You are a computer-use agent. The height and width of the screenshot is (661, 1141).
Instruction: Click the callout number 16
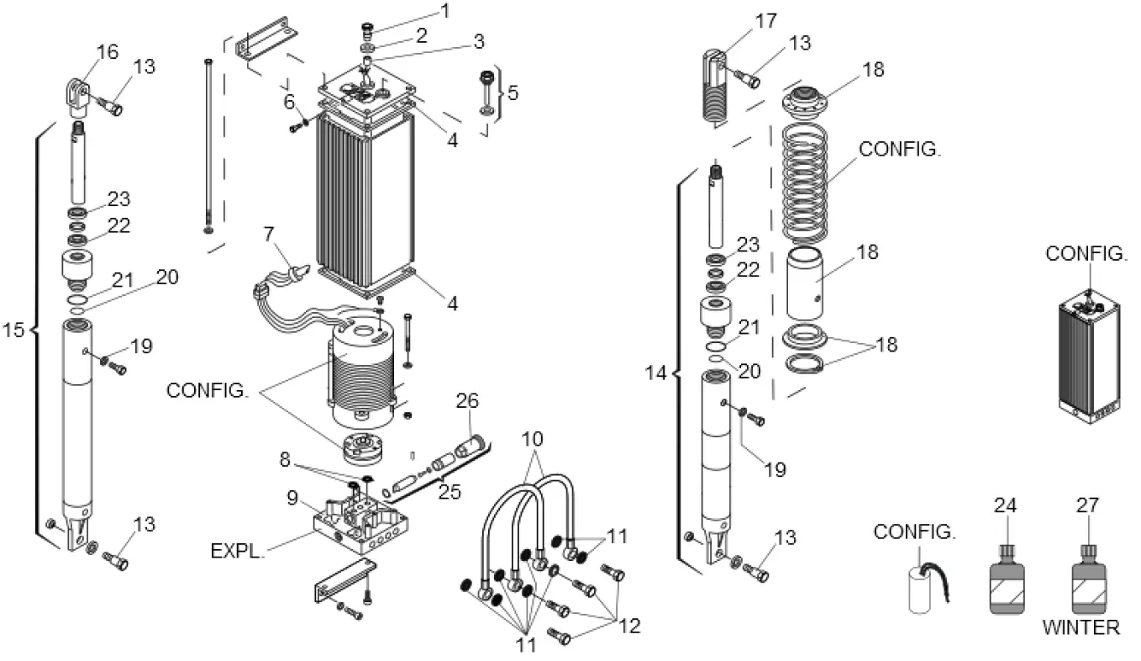point(107,52)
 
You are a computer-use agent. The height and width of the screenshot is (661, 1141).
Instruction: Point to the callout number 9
point(293,498)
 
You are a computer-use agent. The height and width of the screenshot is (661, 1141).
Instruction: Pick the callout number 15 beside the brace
point(13,330)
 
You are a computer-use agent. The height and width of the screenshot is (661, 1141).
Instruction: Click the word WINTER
point(1081,627)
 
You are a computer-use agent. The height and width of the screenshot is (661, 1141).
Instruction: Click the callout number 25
point(450,492)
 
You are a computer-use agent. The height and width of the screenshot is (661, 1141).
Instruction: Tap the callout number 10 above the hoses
point(532,439)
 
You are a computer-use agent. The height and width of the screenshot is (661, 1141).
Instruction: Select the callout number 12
point(628,627)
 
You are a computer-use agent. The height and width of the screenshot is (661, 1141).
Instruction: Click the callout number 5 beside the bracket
point(513,93)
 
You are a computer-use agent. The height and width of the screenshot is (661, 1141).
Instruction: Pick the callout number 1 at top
point(444,11)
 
